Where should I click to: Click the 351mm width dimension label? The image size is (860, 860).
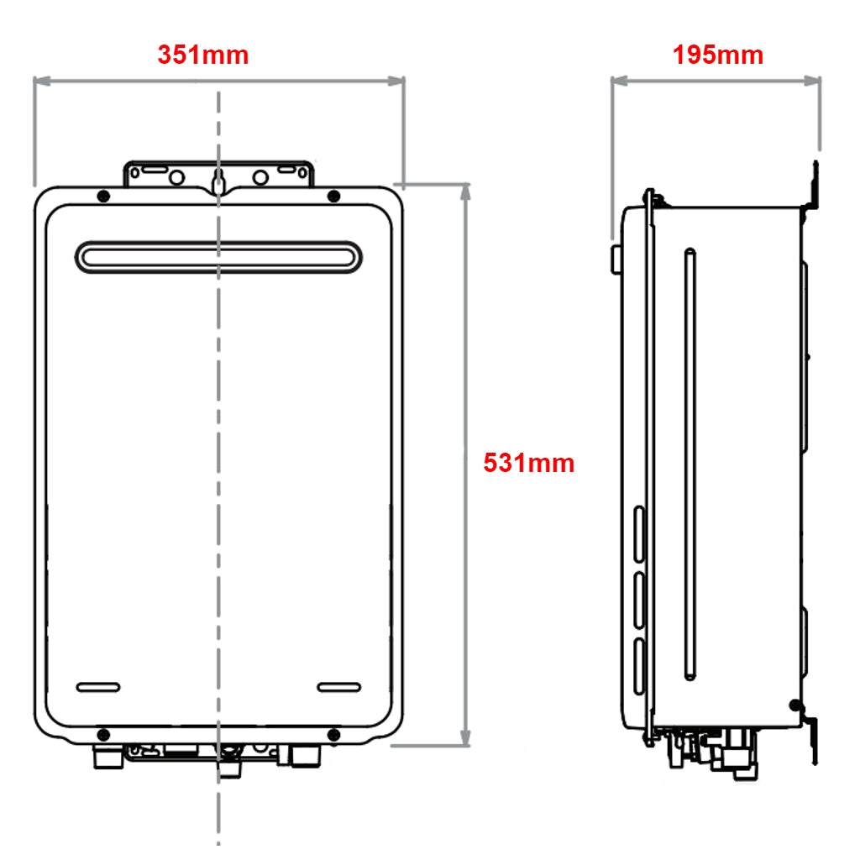tap(203, 55)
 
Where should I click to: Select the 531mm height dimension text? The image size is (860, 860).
tap(528, 463)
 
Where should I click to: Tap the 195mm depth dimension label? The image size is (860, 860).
tap(718, 55)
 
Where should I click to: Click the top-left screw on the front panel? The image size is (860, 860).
tap(103, 197)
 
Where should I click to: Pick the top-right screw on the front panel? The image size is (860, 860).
tap(333, 197)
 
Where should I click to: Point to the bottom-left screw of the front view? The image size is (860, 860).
tap(103, 734)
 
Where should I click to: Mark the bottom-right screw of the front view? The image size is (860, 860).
tap(333, 734)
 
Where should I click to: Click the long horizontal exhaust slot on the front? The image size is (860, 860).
tap(218, 257)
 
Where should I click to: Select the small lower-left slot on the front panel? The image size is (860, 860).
tap(98, 687)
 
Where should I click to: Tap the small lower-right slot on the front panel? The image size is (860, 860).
tap(338, 687)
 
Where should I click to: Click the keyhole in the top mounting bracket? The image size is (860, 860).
tap(218, 181)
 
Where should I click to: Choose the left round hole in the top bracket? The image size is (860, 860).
tap(176, 177)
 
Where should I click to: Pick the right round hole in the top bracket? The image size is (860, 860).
tap(260, 177)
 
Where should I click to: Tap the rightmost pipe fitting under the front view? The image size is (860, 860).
tap(306, 755)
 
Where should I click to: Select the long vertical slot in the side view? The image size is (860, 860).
tap(690, 464)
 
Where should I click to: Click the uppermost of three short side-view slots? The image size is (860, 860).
tap(638, 534)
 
